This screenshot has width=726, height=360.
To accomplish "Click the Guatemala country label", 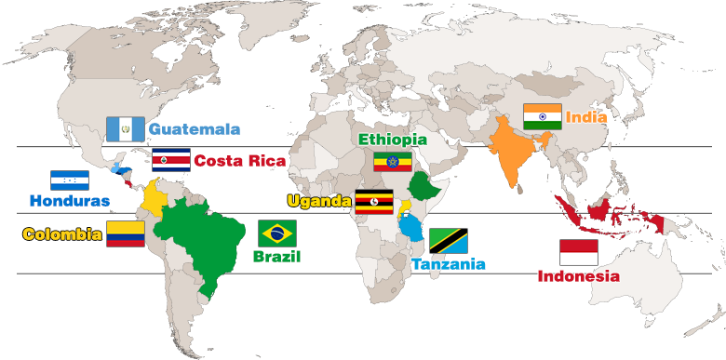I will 194,128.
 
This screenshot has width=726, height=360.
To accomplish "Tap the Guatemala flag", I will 125,128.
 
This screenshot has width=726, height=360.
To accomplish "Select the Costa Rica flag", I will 170,159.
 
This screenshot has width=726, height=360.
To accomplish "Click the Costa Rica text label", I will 239,160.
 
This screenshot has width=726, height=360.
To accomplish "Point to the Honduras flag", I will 70,180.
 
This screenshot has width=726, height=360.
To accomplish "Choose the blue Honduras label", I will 69,200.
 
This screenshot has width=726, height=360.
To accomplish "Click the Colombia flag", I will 126,233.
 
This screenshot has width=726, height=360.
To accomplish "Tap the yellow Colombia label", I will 62,233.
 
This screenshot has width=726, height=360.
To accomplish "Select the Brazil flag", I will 276,233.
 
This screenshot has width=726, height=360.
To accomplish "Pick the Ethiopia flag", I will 392,162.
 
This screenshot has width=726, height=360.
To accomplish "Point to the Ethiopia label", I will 393,140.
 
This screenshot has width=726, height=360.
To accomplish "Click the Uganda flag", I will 372,201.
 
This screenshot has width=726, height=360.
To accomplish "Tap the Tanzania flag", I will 448,240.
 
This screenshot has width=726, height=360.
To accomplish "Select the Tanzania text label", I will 448,264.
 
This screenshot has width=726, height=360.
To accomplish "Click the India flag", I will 541,116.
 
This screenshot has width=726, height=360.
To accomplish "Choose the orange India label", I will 586,117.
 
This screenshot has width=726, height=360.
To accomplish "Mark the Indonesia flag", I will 578,252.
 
